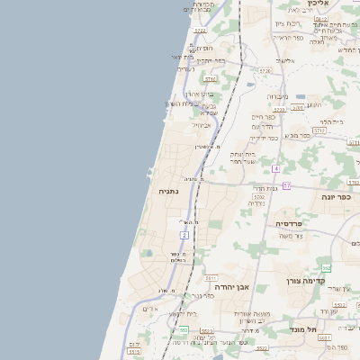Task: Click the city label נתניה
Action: [x=169, y=192]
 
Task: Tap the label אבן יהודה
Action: [x=238, y=286]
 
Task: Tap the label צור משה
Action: [x=291, y=236]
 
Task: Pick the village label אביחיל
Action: [x=202, y=125]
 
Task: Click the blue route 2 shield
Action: [x=184, y=235]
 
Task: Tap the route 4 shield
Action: [x=276, y=169]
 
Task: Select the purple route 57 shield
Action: [x=287, y=185]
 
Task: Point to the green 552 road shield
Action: [x=327, y=268]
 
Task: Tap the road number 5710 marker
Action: [x=210, y=79]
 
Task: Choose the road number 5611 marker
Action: [x=211, y=278]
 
